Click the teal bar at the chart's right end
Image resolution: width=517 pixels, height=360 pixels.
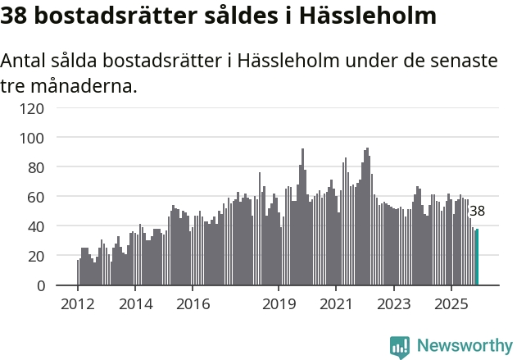(x=477, y=257)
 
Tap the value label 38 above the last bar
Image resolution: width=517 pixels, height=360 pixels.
(x=477, y=211)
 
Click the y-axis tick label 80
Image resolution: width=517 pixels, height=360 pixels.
(x=36, y=167)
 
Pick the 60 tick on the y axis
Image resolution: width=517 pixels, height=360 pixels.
(x=36, y=197)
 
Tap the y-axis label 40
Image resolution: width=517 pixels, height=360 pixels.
(x=36, y=226)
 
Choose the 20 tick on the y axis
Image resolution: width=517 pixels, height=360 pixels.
(x=36, y=256)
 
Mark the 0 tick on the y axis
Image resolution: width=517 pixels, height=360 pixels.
(x=40, y=285)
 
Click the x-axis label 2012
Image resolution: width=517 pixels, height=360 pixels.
(x=78, y=303)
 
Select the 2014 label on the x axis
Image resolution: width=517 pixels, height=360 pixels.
(x=135, y=303)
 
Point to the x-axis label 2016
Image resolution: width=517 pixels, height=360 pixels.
(x=193, y=303)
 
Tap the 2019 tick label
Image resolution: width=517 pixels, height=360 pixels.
(x=279, y=303)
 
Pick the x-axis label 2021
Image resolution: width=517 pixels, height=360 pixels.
(x=336, y=303)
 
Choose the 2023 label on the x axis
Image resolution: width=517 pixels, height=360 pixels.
(x=393, y=303)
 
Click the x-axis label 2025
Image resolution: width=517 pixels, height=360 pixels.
(x=451, y=303)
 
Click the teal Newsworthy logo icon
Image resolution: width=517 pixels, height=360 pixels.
(x=400, y=347)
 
